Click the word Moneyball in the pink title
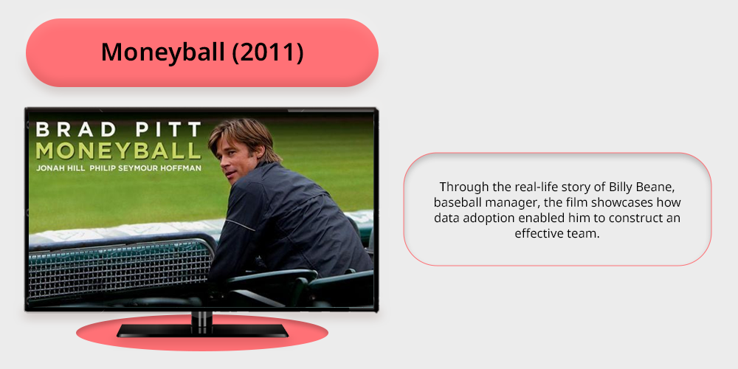click(163, 52)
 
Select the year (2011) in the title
click(268, 52)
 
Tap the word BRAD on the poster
click(76, 129)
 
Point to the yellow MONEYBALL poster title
click(118, 151)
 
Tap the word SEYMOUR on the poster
click(143, 168)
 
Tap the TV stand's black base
click(202, 331)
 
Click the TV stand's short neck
click(202, 317)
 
